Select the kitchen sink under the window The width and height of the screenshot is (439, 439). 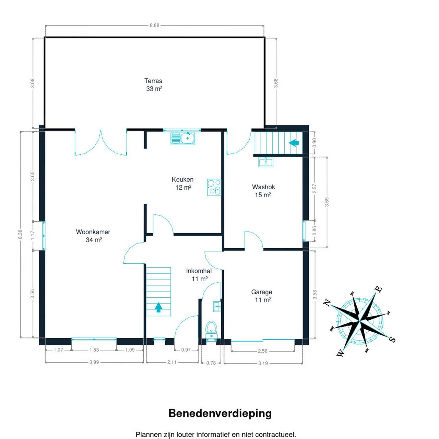[x=183, y=138]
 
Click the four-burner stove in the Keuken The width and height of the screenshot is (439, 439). [x=214, y=187]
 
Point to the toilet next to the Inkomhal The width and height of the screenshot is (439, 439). [x=212, y=329]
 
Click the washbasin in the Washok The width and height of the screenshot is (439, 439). [x=265, y=162]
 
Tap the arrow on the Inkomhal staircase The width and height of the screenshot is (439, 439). [x=158, y=307]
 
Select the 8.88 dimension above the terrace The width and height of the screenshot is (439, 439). [x=154, y=25]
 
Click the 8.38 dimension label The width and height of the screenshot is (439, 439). [x=21, y=234]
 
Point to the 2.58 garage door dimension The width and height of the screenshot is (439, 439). [x=262, y=351]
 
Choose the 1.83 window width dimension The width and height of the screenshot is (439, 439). [x=94, y=350]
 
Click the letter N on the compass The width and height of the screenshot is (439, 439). [x=328, y=302]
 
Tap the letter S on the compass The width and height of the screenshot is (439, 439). [x=392, y=340]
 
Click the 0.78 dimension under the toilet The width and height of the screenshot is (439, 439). [x=211, y=363]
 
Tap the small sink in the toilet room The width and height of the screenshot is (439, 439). [x=217, y=306]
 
